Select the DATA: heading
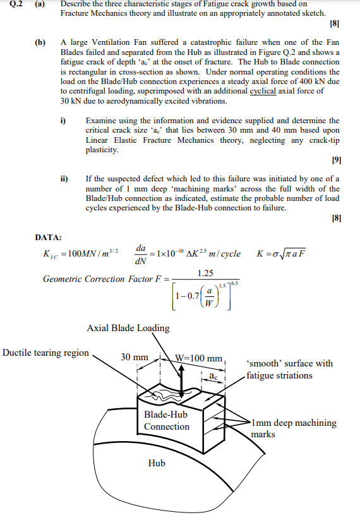pyautogui.click(x=48, y=237)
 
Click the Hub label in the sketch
pyautogui.click(x=157, y=463)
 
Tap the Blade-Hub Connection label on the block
pyautogui.click(x=166, y=420)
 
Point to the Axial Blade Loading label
pyautogui.click(x=128, y=327)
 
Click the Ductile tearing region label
pyautogui.click(x=45, y=353)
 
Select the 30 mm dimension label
pyautogui.click(x=134, y=358)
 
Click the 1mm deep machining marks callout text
pyautogui.click(x=293, y=428)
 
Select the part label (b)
pyautogui.click(x=40, y=42)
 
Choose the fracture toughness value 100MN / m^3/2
pyautogui.click(x=82, y=254)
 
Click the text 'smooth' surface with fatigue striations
pyautogui.click(x=289, y=369)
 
